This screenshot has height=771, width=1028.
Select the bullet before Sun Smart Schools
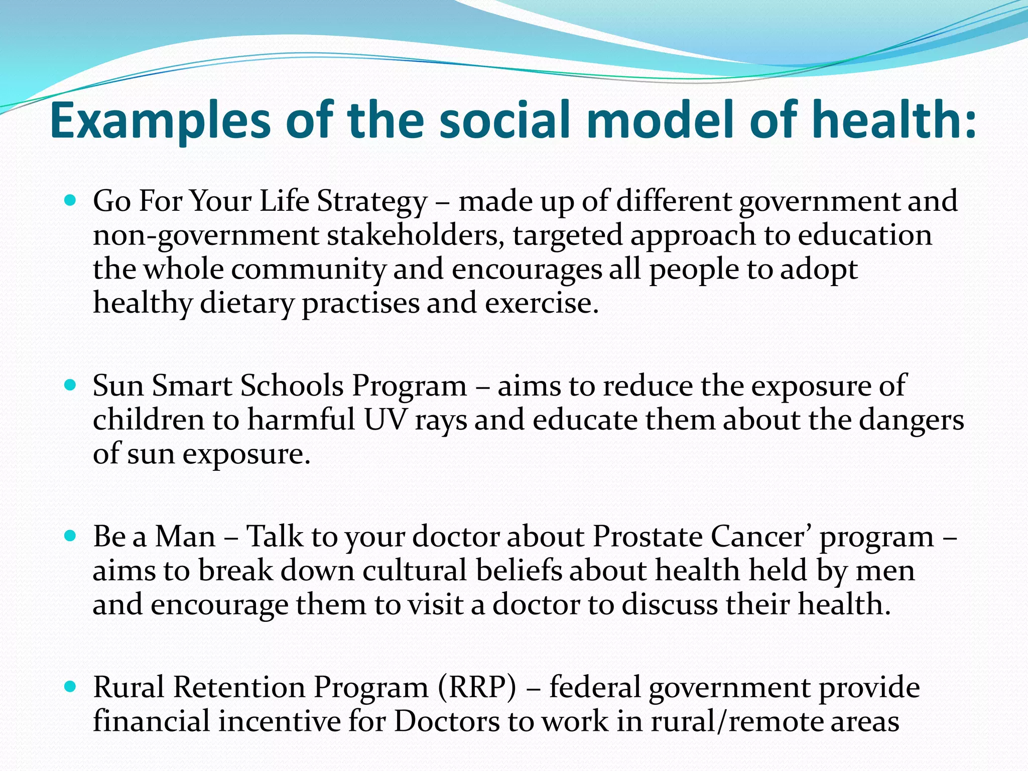(x=70, y=385)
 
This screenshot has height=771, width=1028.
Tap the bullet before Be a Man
(x=70, y=536)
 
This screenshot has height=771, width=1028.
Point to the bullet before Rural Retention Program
(x=70, y=687)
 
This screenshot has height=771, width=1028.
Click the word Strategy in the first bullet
(x=372, y=202)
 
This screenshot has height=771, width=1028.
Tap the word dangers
(x=912, y=421)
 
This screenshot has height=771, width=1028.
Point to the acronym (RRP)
(x=477, y=687)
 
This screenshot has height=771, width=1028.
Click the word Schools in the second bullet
(x=292, y=386)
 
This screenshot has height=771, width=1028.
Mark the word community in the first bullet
(x=308, y=270)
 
